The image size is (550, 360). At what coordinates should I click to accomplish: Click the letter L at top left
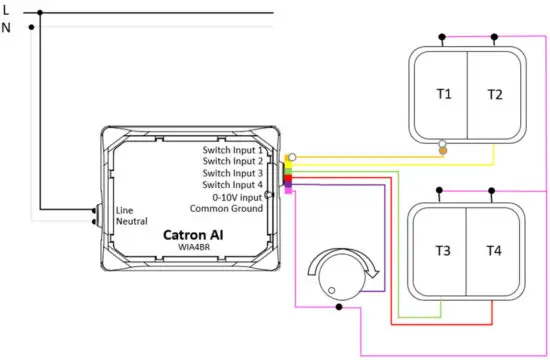click(x=7, y=11)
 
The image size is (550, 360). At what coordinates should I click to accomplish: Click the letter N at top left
click(x=8, y=28)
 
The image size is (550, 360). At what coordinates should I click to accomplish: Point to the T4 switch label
click(x=495, y=250)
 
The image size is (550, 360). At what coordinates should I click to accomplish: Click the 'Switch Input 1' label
click(x=232, y=149)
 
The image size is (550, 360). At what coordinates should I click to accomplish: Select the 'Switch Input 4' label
click(x=232, y=185)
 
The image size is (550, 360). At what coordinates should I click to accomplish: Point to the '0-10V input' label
click(x=238, y=197)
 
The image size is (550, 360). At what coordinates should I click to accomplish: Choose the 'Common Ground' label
click(x=231, y=209)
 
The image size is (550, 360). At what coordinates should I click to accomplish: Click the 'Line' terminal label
click(x=125, y=210)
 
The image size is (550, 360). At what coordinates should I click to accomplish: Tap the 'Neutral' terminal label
click(x=132, y=221)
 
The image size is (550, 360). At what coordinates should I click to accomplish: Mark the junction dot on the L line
click(x=40, y=13)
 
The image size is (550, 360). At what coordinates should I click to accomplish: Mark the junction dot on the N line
click(x=31, y=27)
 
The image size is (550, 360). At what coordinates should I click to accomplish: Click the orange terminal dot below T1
click(x=444, y=152)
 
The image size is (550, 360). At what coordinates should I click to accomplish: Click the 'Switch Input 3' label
click(x=232, y=173)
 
